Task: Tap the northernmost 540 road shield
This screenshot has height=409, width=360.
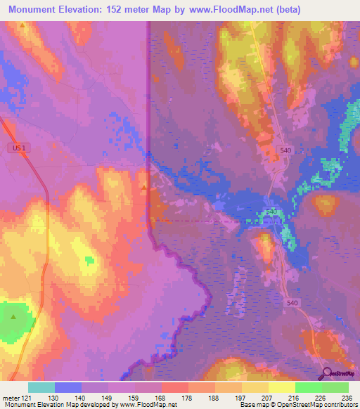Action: (285, 150)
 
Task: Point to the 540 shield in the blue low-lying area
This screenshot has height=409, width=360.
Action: (271, 212)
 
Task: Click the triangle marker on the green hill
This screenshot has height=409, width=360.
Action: (14, 316)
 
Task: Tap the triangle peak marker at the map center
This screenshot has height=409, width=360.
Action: (144, 187)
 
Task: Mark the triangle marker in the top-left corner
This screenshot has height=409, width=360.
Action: (22, 25)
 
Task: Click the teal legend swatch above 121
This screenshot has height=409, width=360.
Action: (41, 387)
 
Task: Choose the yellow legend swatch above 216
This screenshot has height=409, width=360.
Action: (281, 387)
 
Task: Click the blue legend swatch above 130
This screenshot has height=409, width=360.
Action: (68, 387)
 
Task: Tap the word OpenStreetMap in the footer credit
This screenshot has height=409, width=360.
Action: (329, 405)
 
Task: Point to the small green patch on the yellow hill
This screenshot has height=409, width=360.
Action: (89, 261)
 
